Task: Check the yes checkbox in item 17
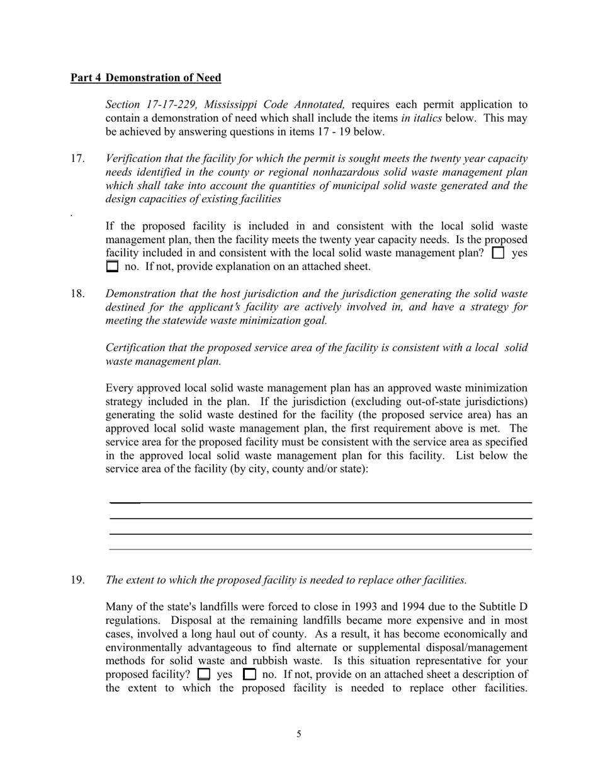click(x=498, y=253)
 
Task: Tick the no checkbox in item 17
click(x=112, y=267)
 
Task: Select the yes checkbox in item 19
click(x=203, y=674)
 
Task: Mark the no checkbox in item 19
click(x=249, y=674)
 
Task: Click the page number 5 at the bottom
click(x=299, y=733)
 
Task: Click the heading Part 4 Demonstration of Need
click(x=145, y=77)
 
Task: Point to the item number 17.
click(x=77, y=158)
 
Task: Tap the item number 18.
click(x=77, y=293)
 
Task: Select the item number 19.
click(x=77, y=580)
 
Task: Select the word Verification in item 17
click(x=136, y=158)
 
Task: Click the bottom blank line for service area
click(x=321, y=549)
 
